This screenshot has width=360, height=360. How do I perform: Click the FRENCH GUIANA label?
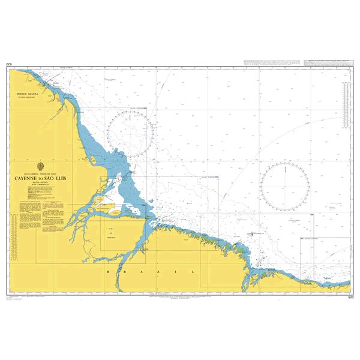pyautogui.click(x=27, y=95)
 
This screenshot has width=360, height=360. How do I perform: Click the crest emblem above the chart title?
pyautogui.click(x=40, y=166)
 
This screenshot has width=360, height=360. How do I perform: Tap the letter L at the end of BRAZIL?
pyautogui.click(x=194, y=272)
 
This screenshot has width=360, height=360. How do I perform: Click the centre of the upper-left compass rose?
pyautogui.click(x=128, y=136)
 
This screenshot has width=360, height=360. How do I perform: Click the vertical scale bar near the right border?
pyautogui.click(x=346, y=106)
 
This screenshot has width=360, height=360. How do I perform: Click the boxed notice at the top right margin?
pyautogui.click(x=328, y=62)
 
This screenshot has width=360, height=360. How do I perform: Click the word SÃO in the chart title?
pyautogui.click(x=56, y=178)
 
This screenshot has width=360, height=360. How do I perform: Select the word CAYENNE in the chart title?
pyautogui.click(x=29, y=178)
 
